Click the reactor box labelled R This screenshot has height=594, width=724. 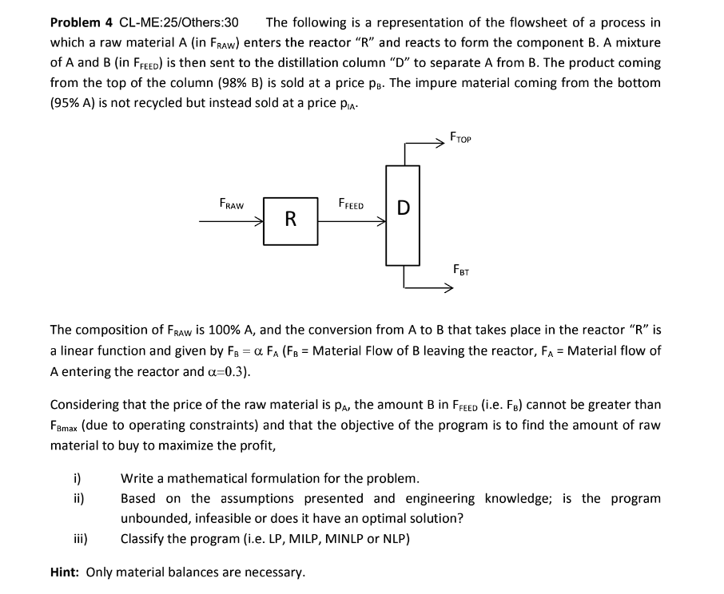291,219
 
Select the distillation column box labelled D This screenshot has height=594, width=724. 404,215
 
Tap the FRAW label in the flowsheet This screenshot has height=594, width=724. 231,204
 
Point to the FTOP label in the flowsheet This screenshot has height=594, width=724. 461,137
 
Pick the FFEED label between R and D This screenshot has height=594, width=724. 352,204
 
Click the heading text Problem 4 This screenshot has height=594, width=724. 82,22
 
